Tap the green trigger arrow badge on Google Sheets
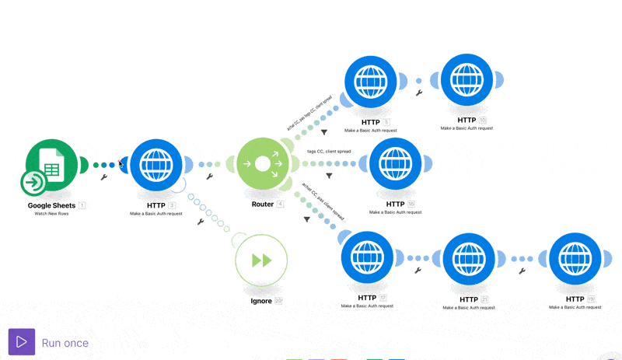[x=33, y=183]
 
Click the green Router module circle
[x=262, y=164]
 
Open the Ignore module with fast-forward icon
[x=261, y=260]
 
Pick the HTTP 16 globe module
[x=396, y=164]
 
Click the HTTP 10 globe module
[x=466, y=80]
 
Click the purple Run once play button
[x=22, y=342]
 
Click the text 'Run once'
[x=65, y=343]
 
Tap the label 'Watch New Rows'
[x=51, y=213]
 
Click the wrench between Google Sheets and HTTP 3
[x=104, y=177]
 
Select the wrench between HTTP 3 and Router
[x=209, y=177]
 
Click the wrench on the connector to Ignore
[x=201, y=222]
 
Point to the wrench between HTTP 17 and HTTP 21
[x=418, y=271]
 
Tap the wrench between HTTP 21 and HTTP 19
[x=522, y=271]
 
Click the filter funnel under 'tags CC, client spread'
[x=330, y=176]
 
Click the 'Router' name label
[x=262, y=204]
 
